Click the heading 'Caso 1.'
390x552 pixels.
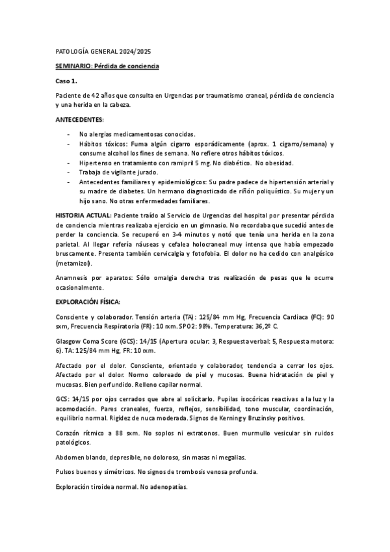pyautogui.click(x=66, y=81)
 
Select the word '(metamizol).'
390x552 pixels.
pyautogui.click(x=74, y=264)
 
